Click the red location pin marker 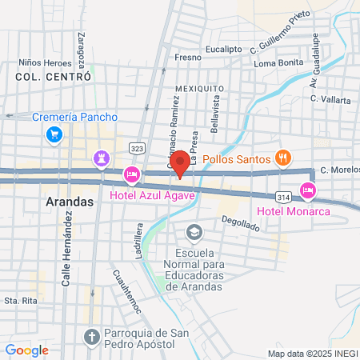(181, 163)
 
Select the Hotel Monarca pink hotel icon (307, 190)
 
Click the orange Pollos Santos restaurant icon (281, 157)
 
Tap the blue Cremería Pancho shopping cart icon (54, 134)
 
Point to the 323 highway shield (137, 149)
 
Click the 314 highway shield (282, 196)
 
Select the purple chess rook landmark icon (102, 158)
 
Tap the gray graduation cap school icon (193, 233)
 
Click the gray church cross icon (90, 334)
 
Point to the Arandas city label (66, 202)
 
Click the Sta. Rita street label (22, 301)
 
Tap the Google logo (26, 350)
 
